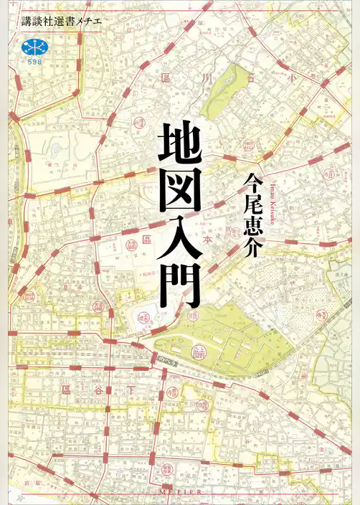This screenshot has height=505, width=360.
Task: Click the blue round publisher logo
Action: (x=32, y=47)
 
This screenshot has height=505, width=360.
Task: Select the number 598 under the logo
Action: (x=32, y=62)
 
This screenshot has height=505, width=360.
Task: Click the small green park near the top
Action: (x=225, y=93)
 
